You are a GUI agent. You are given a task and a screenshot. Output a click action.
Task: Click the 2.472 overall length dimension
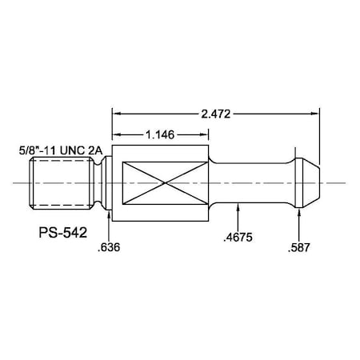tap(215, 114)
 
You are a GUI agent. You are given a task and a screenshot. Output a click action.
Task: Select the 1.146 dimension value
tap(160, 134)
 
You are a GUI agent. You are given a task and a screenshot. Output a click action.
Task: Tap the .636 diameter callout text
tap(109, 247)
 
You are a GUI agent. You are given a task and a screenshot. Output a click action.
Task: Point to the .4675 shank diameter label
tap(238, 237)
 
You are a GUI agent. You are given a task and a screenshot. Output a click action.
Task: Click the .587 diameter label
tap(299, 247)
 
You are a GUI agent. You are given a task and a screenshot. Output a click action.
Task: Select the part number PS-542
tap(63, 233)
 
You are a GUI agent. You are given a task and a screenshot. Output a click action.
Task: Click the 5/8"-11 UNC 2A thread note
tap(61, 150)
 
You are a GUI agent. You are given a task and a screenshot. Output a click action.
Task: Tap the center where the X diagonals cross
tap(165, 183)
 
